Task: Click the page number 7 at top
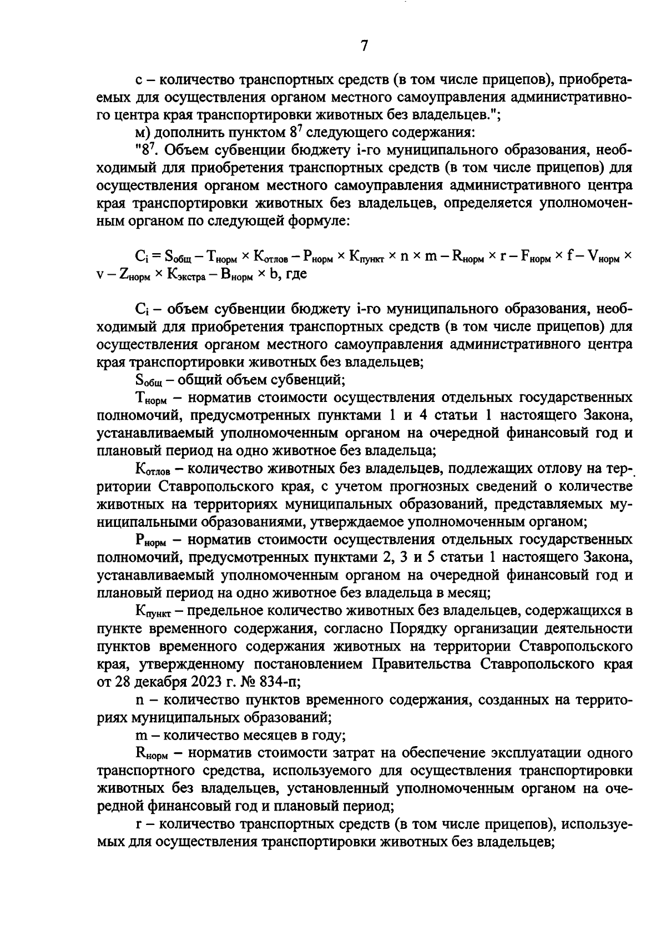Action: [364, 46]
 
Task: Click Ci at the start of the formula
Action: [140, 256]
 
